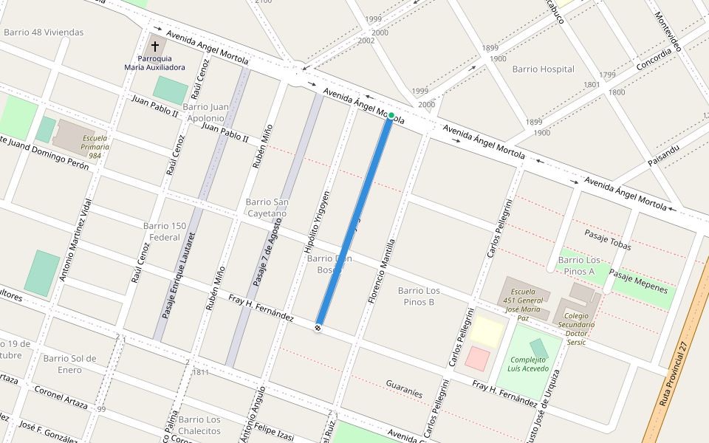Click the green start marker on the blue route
391,115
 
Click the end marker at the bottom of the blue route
318,327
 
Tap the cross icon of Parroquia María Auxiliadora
155,46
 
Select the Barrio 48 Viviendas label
44,32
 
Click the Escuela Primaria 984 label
95,147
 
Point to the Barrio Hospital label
543,69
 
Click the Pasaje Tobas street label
608,240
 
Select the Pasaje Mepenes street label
639,282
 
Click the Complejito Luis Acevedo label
528,364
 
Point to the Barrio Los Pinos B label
419,296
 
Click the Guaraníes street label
404,388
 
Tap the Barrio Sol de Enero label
69,364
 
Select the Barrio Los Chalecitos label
199,425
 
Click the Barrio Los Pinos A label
579,266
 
